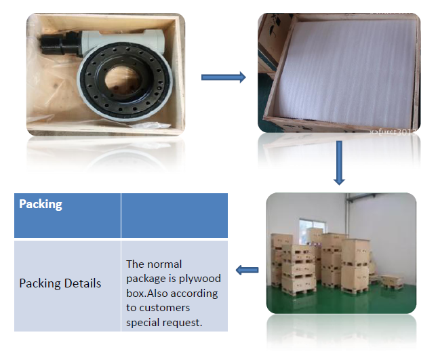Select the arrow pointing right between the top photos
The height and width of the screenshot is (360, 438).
pos(223,77)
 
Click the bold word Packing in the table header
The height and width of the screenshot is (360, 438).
pos(41,204)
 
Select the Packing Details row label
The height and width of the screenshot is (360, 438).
pos(60,283)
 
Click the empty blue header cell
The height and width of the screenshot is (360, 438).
pos(174,215)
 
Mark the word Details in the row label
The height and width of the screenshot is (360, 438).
pos(80,283)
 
